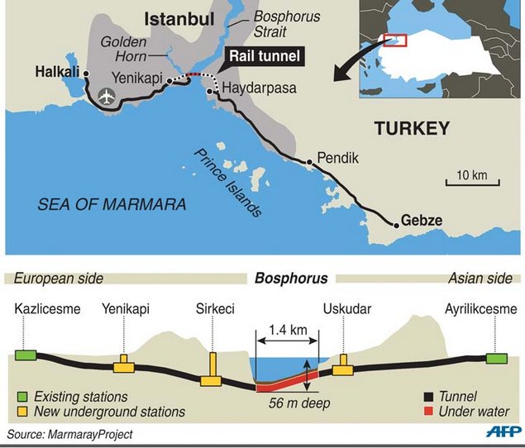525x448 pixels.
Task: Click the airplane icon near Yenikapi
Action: point(106,97)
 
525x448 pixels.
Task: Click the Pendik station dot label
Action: point(336,157)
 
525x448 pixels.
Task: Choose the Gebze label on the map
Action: point(422,221)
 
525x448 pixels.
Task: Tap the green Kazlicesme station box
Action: point(25,355)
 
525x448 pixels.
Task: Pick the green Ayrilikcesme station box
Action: point(497,358)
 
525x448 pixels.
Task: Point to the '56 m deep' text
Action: point(299,404)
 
